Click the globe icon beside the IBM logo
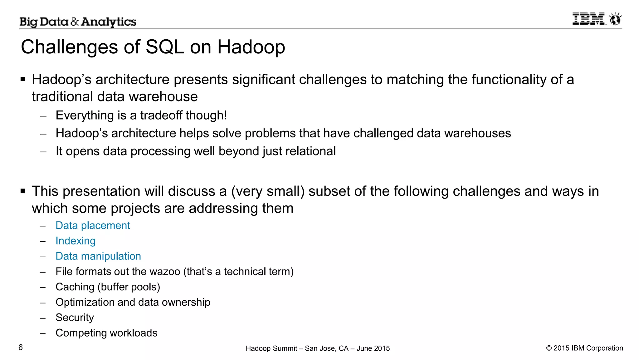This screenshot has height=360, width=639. [616, 19]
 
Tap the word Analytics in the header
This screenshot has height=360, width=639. [109, 22]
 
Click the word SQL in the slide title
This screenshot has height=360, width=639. [165, 47]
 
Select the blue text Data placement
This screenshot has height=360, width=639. [93, 225]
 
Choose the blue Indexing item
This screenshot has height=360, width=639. [76, 241]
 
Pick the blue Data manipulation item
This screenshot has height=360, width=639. [98, 256]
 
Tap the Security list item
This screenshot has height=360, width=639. [75, 318]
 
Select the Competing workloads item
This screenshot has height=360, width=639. [106, 333]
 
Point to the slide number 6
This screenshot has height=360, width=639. [21, 348]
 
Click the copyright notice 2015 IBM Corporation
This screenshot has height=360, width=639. [584, 348]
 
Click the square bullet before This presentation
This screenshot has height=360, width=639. [23, 191]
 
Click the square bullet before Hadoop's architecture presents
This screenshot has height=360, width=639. [23, 79]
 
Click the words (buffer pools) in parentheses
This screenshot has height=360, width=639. [129, 287]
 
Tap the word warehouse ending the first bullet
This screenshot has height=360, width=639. [163, 97]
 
